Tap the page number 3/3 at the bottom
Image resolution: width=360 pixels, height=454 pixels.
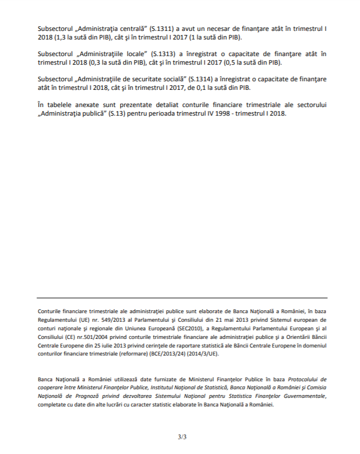(182, 437)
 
